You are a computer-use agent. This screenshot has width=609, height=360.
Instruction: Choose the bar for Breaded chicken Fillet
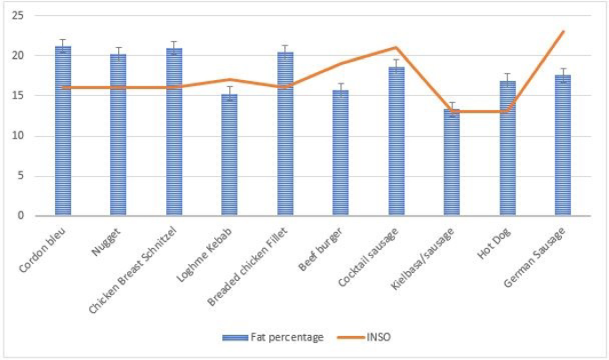tap(285, 133)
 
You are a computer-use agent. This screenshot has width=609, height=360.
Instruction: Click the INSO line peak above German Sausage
tap(563, 32)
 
